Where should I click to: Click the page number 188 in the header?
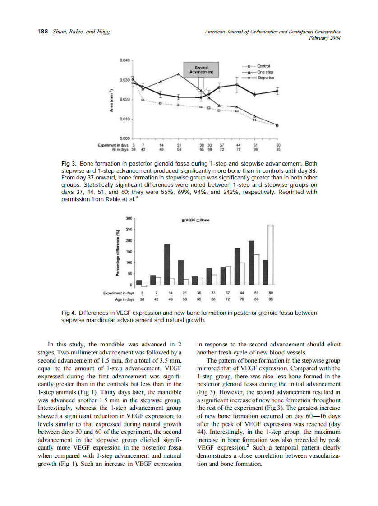point(42,32)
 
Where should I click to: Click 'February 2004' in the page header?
point(324,38)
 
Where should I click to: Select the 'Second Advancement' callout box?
point(201,70)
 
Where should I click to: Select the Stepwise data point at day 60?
point(277,91)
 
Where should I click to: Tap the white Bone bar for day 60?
point(271,255)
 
